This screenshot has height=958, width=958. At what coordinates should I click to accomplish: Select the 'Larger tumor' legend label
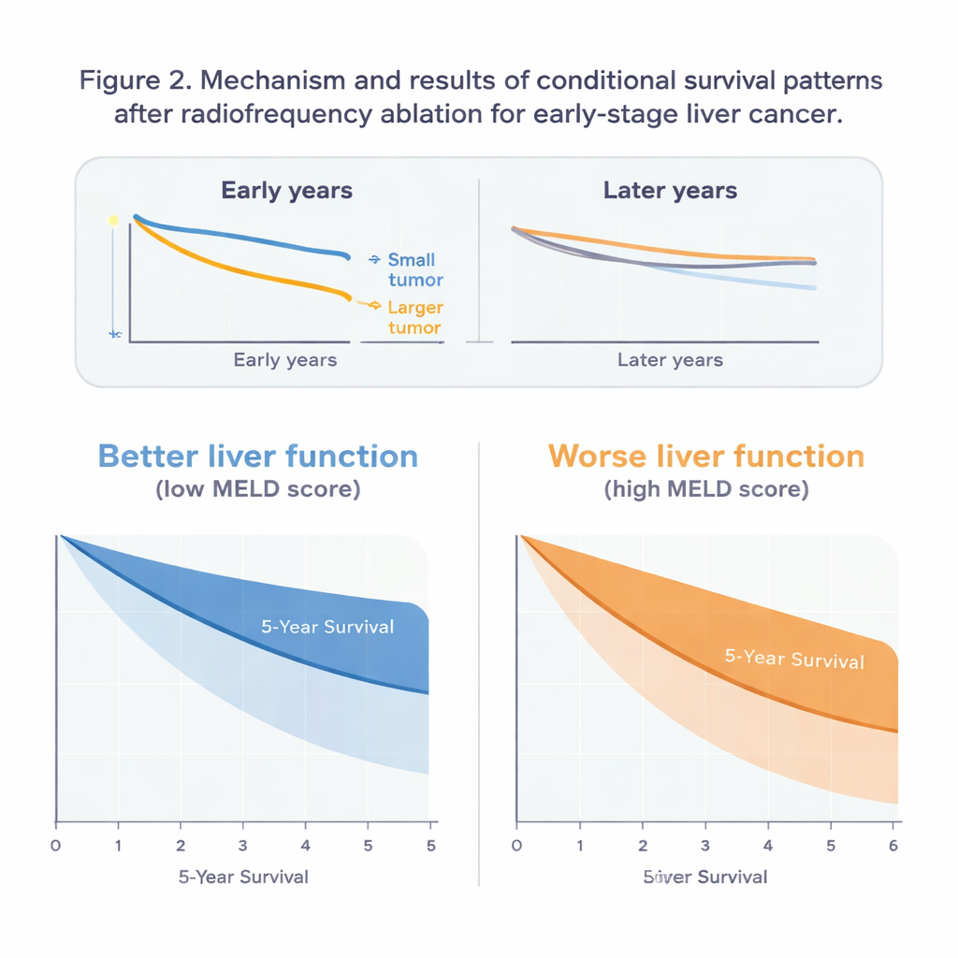(414, 317)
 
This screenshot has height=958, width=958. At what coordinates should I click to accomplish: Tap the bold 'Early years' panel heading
(286, 191)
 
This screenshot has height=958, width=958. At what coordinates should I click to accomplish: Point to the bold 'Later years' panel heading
(670, 191)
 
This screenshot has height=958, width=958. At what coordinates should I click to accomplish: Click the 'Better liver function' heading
(257, 457)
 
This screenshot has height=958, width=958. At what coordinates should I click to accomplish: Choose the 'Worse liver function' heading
(706, 457)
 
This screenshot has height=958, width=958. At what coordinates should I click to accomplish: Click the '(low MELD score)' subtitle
(257, 489)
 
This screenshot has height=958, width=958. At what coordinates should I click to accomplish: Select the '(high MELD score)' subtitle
(706, 489)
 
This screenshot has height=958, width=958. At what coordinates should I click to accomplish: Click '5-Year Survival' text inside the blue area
(327, 627)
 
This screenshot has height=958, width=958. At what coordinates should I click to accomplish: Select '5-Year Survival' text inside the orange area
(794, 659)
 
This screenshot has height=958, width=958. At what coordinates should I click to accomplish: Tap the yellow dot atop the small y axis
(114, 221)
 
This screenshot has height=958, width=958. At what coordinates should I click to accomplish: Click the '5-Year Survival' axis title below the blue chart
(243, 877)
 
